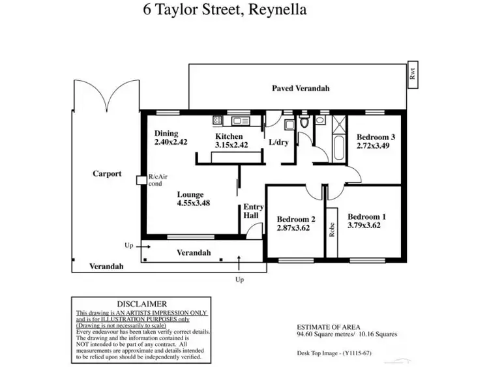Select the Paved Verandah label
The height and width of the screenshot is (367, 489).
point(301,87)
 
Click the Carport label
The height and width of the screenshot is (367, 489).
point(106,174)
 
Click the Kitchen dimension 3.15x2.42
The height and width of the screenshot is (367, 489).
point(231,145)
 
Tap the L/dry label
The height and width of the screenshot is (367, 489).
point(278,142)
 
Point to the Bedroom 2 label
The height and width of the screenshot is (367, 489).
point(296,219)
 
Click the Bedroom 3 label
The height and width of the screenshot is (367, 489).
point(376,138)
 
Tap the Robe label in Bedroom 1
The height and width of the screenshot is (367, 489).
point(332,229)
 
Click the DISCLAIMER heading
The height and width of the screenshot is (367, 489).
point(141,304)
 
